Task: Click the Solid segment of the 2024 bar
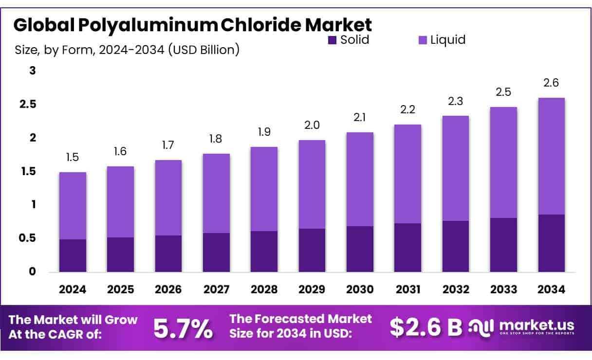click(73, 255)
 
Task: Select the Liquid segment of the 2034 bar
click(552, 156)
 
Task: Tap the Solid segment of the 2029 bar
click(312, 250)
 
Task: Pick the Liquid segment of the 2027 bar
click(216, 193)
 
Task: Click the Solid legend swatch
click(333, 40)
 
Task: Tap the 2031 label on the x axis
click(408, 289)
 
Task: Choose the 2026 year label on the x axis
click(168, 289)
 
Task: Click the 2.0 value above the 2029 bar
click(312, 126)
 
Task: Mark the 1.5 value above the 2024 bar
click(73, 157)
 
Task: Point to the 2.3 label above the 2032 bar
click(456, 102)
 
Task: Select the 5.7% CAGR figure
click(183, 328)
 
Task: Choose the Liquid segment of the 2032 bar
click(456, 168)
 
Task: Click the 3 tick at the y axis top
click(33, 71)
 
